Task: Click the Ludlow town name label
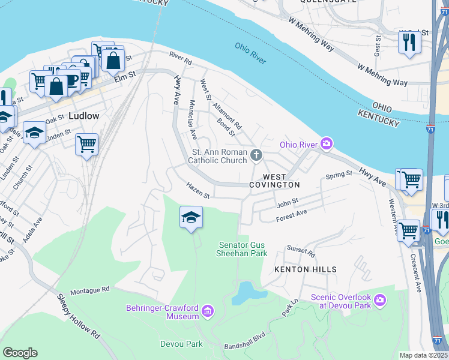[x=83, y=115]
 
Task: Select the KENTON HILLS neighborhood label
[x=305, y=269]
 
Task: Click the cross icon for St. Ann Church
[x=256, y=156]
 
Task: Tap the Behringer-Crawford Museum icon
[x=207, y=310]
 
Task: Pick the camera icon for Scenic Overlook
[x=379, y=299]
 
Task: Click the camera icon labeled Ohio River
[x=326, y=143]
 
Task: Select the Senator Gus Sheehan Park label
[x=243, y=249]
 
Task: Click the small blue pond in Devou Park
[x=246, y=293]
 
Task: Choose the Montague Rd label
[x=89, y=289]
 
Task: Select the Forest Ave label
[x=291, y=215]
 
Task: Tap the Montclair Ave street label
[x=193, y=127]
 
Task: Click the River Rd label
[x=180, y=58]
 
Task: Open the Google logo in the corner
[x=20, y=353]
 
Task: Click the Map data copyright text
[x=423, y=355]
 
